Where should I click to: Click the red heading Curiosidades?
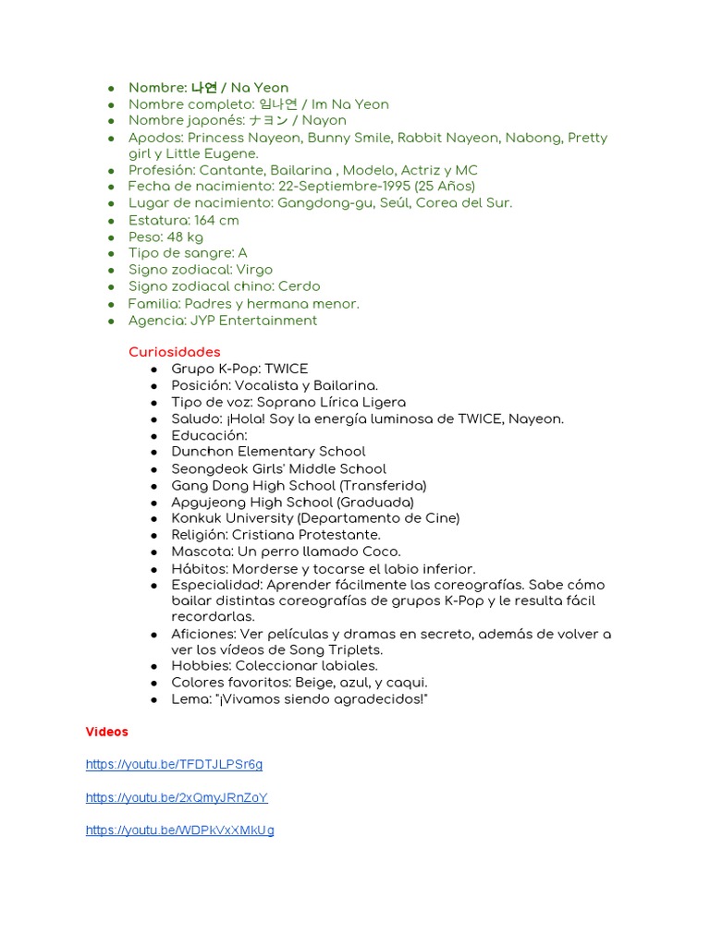(174, 352)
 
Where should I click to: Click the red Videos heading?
(107, 732)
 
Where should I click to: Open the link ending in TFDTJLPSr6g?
(174, 765)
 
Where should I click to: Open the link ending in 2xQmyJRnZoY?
(177, 797)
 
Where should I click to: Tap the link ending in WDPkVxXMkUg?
(179, 831)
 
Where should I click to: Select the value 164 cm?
(216, 220)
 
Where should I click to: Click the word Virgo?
(254, 270)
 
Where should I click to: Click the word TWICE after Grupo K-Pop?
(287, 369)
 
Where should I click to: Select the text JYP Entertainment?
(253, 321)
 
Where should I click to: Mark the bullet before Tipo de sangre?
(111, 254)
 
